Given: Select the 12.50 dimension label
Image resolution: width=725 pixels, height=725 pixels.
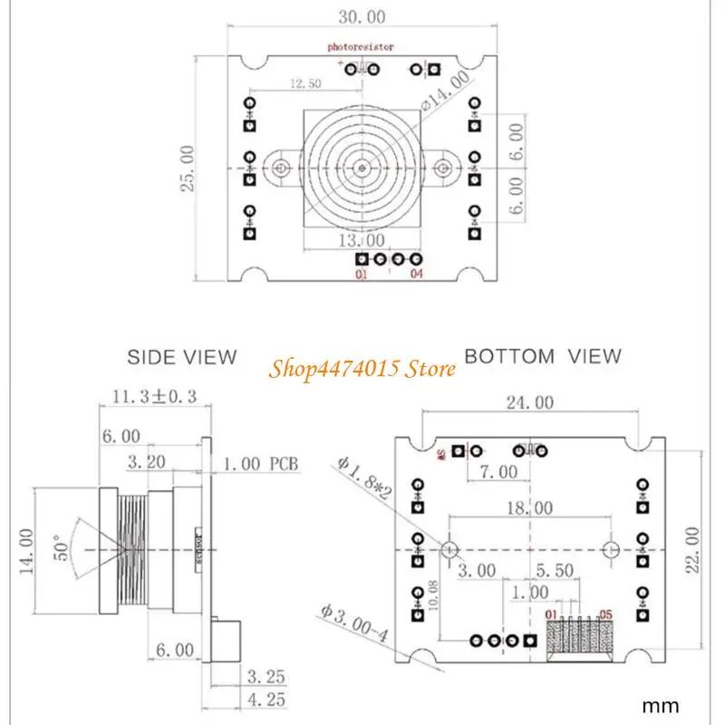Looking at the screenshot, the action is [x=306, y=83].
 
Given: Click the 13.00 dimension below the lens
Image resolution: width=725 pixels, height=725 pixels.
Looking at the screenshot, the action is [x=361, y=240].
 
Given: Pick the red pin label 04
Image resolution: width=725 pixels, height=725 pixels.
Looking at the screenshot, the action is [x=416, y=274].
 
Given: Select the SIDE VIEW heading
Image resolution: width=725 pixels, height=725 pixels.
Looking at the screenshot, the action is [x=181, y=357].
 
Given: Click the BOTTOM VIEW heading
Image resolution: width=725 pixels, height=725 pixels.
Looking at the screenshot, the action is [x=543, y=356].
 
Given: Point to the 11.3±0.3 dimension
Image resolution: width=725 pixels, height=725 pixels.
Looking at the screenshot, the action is [x=154, y=396].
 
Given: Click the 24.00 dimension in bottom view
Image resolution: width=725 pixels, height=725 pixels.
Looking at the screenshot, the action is [x=531, y=403].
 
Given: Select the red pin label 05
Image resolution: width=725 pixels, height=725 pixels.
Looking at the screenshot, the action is [x=604, y=614].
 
